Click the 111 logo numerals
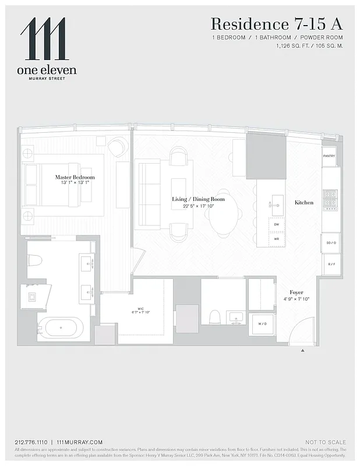pyautogui.click(x=44, y=39)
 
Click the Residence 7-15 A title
pyautogui.click(x=277, y=24)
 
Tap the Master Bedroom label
pyautogui.click(x=75, y=177)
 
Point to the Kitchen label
pyautogui.click(x=303, y=203)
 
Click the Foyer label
pyautogui.click(x=297, y=292)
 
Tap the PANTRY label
pyautogui.click(x=329, y=156)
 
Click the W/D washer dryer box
pyautogui.click(x=262, y=324)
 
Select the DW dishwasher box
pyautogui.click(x=276, y=224)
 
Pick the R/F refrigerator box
pyautogui.click(x=331, y=263)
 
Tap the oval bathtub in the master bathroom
pyautogui.click(x=61, y=329)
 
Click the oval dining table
pyautogui.click(x=223, y=213)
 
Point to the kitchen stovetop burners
pyautogui.click(x=330, y=199)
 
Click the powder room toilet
pyautogui.click(x=215, y=317)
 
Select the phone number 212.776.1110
pyautogui.click(x=30, y=443)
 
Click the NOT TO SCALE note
pyautogui.click(x=325, y=443)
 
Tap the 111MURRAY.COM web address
pyautogui.click(x=80, y=443)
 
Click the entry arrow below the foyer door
pyautogui.click(x=303, y=351)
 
